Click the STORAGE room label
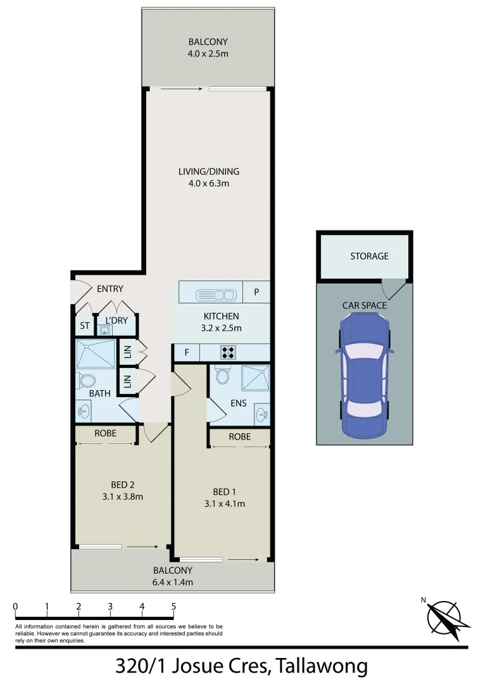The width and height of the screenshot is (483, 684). pos(369,256)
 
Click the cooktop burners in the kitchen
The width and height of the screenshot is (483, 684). pos(228,352)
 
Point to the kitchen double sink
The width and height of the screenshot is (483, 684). pos(216,294)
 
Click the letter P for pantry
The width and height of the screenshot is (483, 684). pos(257,293)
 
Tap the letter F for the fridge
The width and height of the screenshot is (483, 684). pos(187,352)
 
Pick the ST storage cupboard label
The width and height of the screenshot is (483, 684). pos(84,326)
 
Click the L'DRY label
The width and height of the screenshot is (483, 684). pos(116,320)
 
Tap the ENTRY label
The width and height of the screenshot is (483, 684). pos(110,289)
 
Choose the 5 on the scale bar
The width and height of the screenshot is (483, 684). pos(173,607)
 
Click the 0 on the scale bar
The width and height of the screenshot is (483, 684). pos(15,607)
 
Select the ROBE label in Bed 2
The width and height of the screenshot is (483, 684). pos(104,434)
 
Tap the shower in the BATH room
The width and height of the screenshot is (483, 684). pos(96,353)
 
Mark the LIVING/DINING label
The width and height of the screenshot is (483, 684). pos(209,172)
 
